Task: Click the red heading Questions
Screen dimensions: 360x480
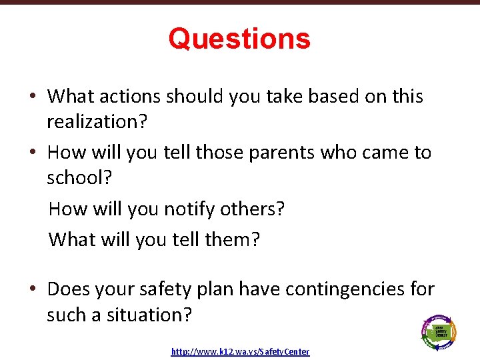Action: tap(239, 39)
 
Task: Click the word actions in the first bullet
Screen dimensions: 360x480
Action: tap(129, 97)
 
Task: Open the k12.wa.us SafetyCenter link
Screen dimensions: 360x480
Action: tap(240, 351)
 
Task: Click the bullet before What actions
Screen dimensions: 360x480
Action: tap(32, 97)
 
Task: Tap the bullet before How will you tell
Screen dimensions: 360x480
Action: tap(32, 153)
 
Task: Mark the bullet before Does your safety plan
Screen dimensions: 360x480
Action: tap(32, 290)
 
